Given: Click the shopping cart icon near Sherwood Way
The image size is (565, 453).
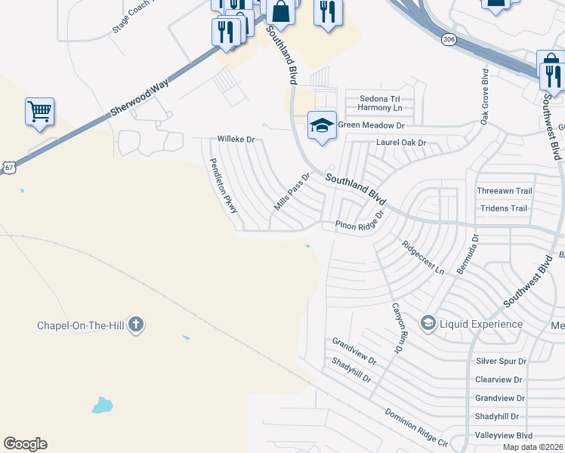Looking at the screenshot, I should pos(39,112).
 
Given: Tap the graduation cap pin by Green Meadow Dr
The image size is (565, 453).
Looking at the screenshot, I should pos(322,125).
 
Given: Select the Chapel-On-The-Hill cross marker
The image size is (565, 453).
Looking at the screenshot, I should pos(136,325).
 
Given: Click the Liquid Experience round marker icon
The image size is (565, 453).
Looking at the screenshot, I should pos(428,324).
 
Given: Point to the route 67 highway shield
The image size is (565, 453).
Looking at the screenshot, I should pos(8,168).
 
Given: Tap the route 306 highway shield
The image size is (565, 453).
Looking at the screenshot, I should pos(449,39).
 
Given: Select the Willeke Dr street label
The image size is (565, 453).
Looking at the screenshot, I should pos(236,140).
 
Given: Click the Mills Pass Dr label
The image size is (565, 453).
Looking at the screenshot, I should pos(292,193).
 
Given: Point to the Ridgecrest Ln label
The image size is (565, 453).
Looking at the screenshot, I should pos(423,257).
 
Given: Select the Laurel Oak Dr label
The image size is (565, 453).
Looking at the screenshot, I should pos(401,143).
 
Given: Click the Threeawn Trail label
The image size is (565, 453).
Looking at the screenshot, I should pos(505,191).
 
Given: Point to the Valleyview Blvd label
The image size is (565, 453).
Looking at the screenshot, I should pos(504,436).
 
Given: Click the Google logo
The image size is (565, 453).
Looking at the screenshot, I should pos(25,444).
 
